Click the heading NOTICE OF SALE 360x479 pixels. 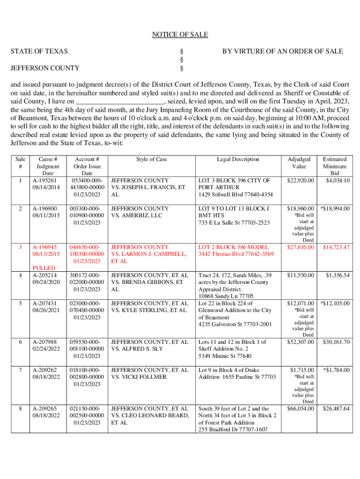tap(180, 35)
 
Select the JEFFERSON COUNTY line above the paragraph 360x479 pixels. tap(45, 68)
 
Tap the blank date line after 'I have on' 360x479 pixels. tap(120, 101)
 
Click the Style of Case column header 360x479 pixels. tap(151, 160)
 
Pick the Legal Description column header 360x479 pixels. tap(238, 160)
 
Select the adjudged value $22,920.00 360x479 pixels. tap(300, 180)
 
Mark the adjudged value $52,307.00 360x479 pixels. tap(300, 342)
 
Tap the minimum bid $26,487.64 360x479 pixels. tap(336, 409)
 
